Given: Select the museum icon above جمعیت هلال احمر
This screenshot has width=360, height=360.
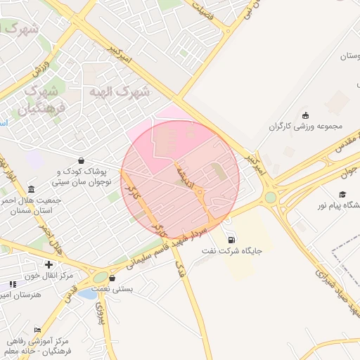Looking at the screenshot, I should [x=31, y=189].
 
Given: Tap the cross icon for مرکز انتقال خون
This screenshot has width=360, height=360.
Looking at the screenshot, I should [x=49, y=264].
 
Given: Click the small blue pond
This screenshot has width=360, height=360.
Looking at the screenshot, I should [x=88, y=294].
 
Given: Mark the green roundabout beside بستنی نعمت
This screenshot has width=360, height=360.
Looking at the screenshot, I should [x=101, y=278].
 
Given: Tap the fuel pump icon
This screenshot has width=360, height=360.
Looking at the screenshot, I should [x=231, y=239].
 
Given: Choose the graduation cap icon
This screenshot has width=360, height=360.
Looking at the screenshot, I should [x=342, y=195].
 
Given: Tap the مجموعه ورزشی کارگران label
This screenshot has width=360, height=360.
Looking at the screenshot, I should [x=309, y=127].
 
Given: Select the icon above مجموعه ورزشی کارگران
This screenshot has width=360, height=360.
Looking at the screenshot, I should [x=305, y=115].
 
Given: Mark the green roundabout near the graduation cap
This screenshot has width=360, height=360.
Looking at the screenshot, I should [x=271, y=198].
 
